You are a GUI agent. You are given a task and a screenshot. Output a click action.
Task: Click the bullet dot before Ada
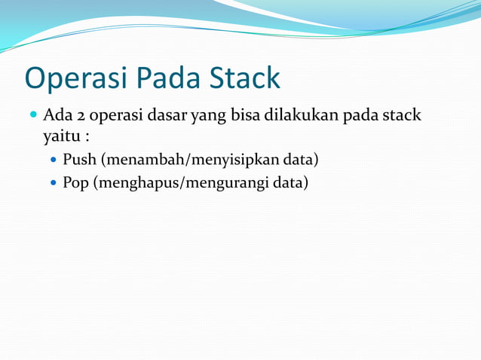pyautogui.click(x=33, y=116)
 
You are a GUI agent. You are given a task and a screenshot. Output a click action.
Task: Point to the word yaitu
pyautogui.click(x=60, y=138)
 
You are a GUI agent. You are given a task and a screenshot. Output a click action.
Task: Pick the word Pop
pyautogui.click(x=75, y=183)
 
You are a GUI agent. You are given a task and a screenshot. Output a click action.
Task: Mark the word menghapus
pyautogui.click(x=133, y=183)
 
